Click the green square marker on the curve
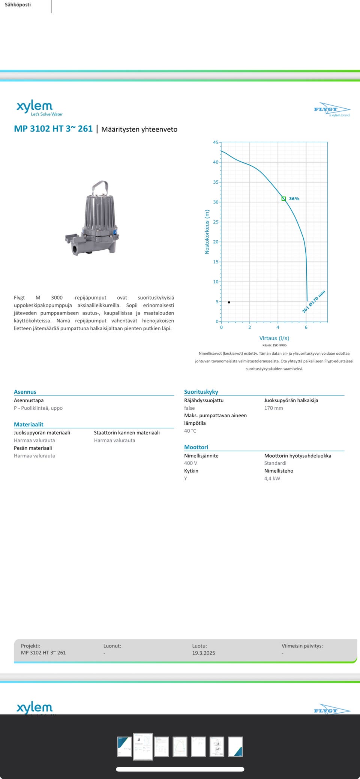pos(284,199)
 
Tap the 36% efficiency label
pos(294,199)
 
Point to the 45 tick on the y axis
pos(216,142)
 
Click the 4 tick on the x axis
pos(278,327)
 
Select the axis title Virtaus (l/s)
pos(274,338)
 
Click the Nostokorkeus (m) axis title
pos(207,232)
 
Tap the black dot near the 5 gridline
pos(229,302)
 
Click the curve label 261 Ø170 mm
pos(314,301)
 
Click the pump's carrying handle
pos(100,187)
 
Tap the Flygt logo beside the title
pos(331,109)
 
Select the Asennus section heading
pos(25,392)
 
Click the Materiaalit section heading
pos(28,424)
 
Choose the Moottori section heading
pos(196,447)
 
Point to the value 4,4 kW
pos(272,478)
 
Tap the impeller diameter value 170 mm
pos(274,408)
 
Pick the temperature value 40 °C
pos(190,431)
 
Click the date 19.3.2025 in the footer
pos(204,653)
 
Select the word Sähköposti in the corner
pos(18,5)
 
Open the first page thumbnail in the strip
pos(124,746)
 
